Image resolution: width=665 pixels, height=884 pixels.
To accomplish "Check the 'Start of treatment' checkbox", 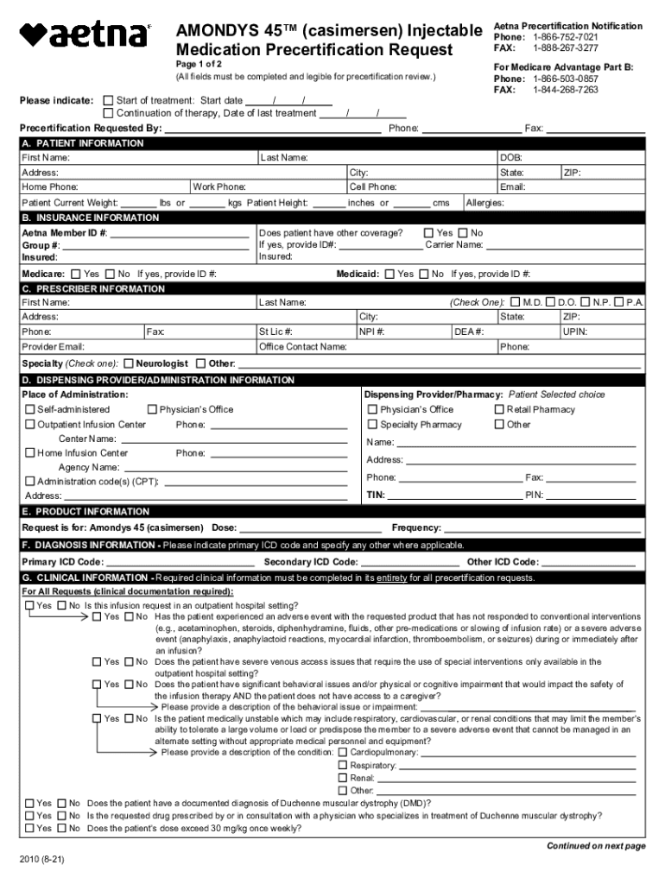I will [x=108, y=101].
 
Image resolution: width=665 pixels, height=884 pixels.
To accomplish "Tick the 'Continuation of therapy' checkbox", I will [x=108, y=113].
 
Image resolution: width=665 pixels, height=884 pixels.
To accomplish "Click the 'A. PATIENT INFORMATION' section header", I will [x=83, y=143].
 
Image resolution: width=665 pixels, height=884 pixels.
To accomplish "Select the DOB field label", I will [x=510, y=158].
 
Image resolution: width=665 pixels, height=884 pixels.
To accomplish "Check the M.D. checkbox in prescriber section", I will [x=516, y=303].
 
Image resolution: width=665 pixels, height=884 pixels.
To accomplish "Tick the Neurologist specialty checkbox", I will [x=129, y=363].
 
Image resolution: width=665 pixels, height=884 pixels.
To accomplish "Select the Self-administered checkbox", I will [x=30, y=409].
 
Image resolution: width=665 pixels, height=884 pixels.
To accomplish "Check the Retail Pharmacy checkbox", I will [x=499, y=409].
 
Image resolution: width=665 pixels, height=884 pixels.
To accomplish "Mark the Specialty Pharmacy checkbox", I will [x=372, y=425].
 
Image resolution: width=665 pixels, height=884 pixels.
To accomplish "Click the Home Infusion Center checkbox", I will [x=30, y=453].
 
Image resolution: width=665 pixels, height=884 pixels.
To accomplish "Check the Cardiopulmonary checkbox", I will [x=343, y=752].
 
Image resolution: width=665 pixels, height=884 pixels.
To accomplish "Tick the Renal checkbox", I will [x=343, y=778].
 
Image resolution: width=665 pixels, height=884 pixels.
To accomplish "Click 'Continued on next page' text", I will [x=596, y=846].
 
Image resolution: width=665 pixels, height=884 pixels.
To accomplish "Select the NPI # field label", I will [x=372, y=331].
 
